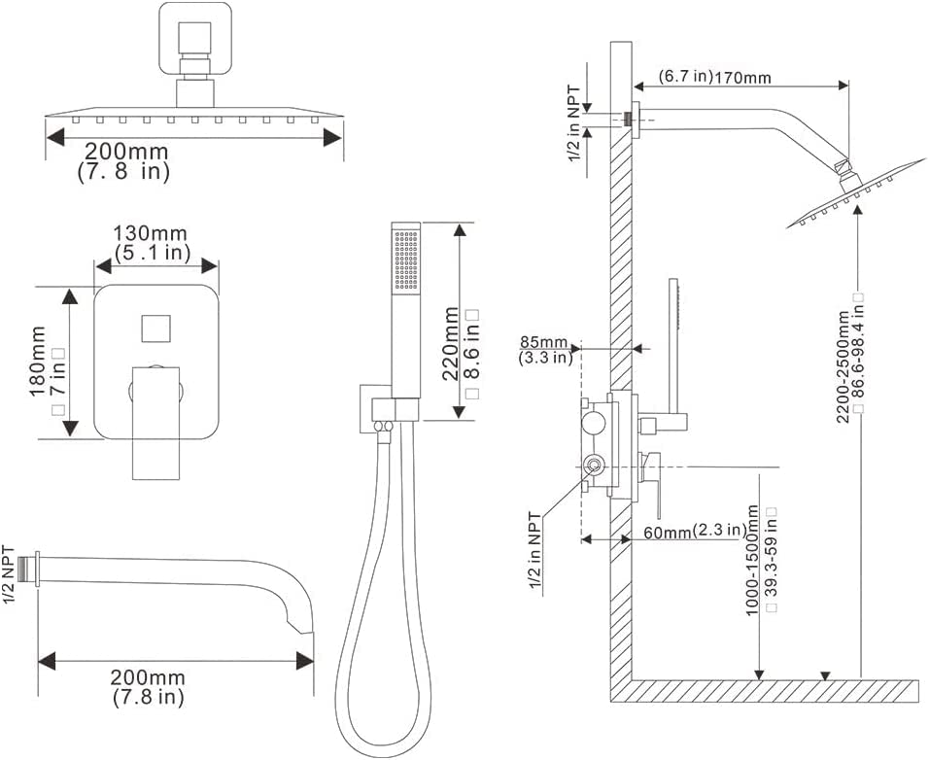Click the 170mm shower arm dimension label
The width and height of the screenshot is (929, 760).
pyautogui.click(x=742, y=77)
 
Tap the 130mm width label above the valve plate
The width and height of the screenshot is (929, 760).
pyautogui.click(x=150, y=233)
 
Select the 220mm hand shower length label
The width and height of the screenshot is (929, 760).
pyautogui.click(x=450, y=344)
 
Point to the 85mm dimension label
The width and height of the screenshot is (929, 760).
pyautogui.click(x=543, y=342)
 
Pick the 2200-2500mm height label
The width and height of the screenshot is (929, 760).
pyautogui.click(x=843, y=366)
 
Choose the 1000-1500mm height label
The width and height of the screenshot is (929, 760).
pyautogui.click(x=752, y=560)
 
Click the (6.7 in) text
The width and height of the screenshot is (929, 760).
pyautogui.click(x=685, y=77)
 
